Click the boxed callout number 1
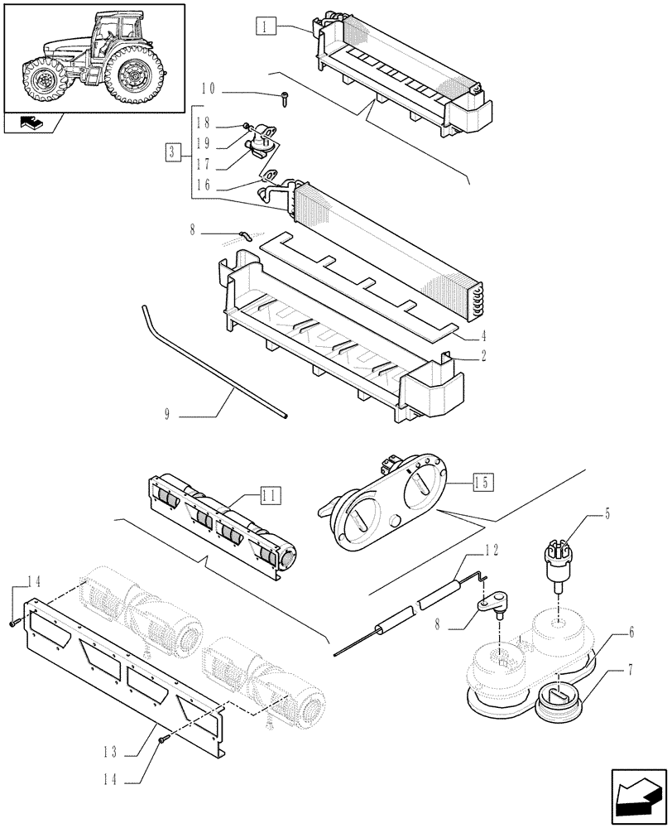(x=264, y=26)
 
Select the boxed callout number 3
(x=171, y=152)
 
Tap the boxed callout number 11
(x=269, y=497)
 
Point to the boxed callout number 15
(x=483, y=480)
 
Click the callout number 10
(x=208, y=89)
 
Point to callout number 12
(x=491, y=549)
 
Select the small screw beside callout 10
(x=284, y=98)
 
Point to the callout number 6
(x=631, y=632)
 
